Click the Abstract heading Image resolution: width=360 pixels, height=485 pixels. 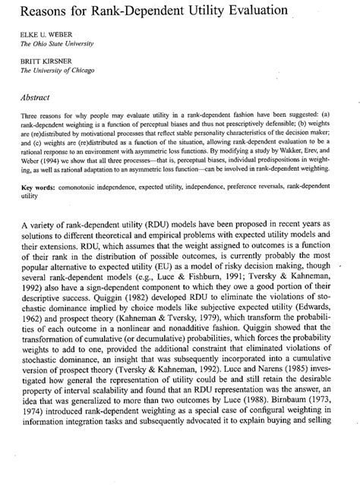(39, 96)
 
